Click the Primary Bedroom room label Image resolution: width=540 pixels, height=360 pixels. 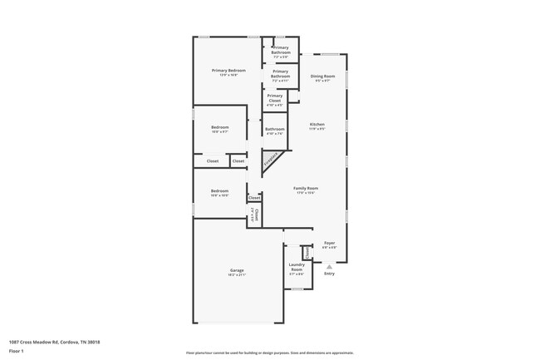click(x=228, y=71)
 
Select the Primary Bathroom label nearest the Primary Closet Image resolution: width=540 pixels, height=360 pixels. click(x=281, y=72)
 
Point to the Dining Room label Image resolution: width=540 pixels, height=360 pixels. click(x=322, y=76)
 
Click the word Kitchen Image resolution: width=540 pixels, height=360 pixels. click(x=317, y=124)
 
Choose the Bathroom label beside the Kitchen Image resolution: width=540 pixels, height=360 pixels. click(x=275, y=129)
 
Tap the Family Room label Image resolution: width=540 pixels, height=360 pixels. click(x=307, y=188)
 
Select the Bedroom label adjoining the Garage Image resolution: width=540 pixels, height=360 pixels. click(x=219, y=190)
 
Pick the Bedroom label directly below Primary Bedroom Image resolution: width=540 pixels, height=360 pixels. click(x=219, y=126)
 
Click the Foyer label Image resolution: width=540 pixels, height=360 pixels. click(x=330, y=243)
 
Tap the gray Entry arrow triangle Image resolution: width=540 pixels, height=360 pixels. click(x=329, y=266)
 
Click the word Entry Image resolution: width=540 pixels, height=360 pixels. click(x=329, y=274)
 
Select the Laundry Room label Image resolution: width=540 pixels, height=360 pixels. click(x=297, y=265)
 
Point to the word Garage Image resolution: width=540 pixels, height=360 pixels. click(x=237, y=271)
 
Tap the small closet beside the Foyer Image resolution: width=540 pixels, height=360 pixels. click(x=306, y=252)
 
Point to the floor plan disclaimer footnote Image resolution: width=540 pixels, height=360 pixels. click(x=269, y=353)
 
